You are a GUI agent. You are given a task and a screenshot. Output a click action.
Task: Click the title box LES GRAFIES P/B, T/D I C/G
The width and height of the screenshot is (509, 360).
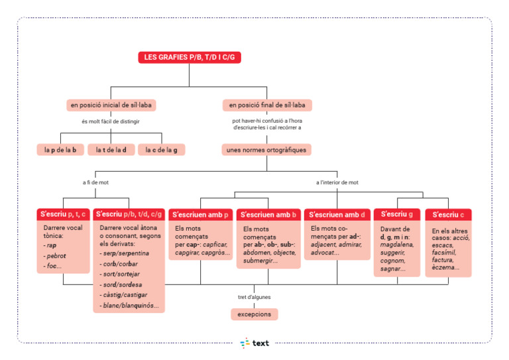[x=190, y=58]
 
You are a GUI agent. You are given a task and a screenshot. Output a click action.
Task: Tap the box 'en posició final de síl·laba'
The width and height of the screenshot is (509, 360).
[x=267, y=105]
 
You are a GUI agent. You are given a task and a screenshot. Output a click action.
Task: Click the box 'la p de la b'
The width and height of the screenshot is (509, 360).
[x=60, y=150]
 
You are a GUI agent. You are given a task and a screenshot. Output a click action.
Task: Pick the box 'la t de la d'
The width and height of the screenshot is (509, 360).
[x=111, y=150]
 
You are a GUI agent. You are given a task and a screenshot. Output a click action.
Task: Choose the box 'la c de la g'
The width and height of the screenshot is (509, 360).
[x=161, y=150]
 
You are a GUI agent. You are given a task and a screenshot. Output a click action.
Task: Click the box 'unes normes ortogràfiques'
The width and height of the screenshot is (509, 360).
[x=266, y=150]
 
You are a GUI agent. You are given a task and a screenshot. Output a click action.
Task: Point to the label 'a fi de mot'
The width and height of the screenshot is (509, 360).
[x=95, y=182]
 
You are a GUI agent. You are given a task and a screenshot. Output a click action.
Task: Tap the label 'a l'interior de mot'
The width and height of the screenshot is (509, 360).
[x=337, y=182]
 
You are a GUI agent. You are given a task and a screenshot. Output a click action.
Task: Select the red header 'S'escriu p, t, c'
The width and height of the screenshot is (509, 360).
[x=63, y=214]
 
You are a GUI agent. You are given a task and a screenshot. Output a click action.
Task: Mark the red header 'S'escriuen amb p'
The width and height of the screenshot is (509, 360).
[x=201, y=215]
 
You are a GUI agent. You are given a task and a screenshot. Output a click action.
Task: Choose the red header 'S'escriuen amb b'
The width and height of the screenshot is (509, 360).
[x=268, y=215]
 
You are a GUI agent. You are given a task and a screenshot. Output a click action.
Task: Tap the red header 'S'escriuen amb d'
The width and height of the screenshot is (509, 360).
[x=337, y=215]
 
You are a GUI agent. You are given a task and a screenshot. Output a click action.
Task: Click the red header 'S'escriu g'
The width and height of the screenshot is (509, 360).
[x=397, y=214]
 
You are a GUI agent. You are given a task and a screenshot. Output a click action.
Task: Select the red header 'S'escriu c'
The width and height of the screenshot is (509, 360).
[x=449, y=215]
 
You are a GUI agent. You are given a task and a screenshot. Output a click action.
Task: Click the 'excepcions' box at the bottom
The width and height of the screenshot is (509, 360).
[x=254, y=314]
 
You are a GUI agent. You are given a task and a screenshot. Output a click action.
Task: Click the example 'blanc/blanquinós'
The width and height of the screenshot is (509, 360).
[x=130, y=306]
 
